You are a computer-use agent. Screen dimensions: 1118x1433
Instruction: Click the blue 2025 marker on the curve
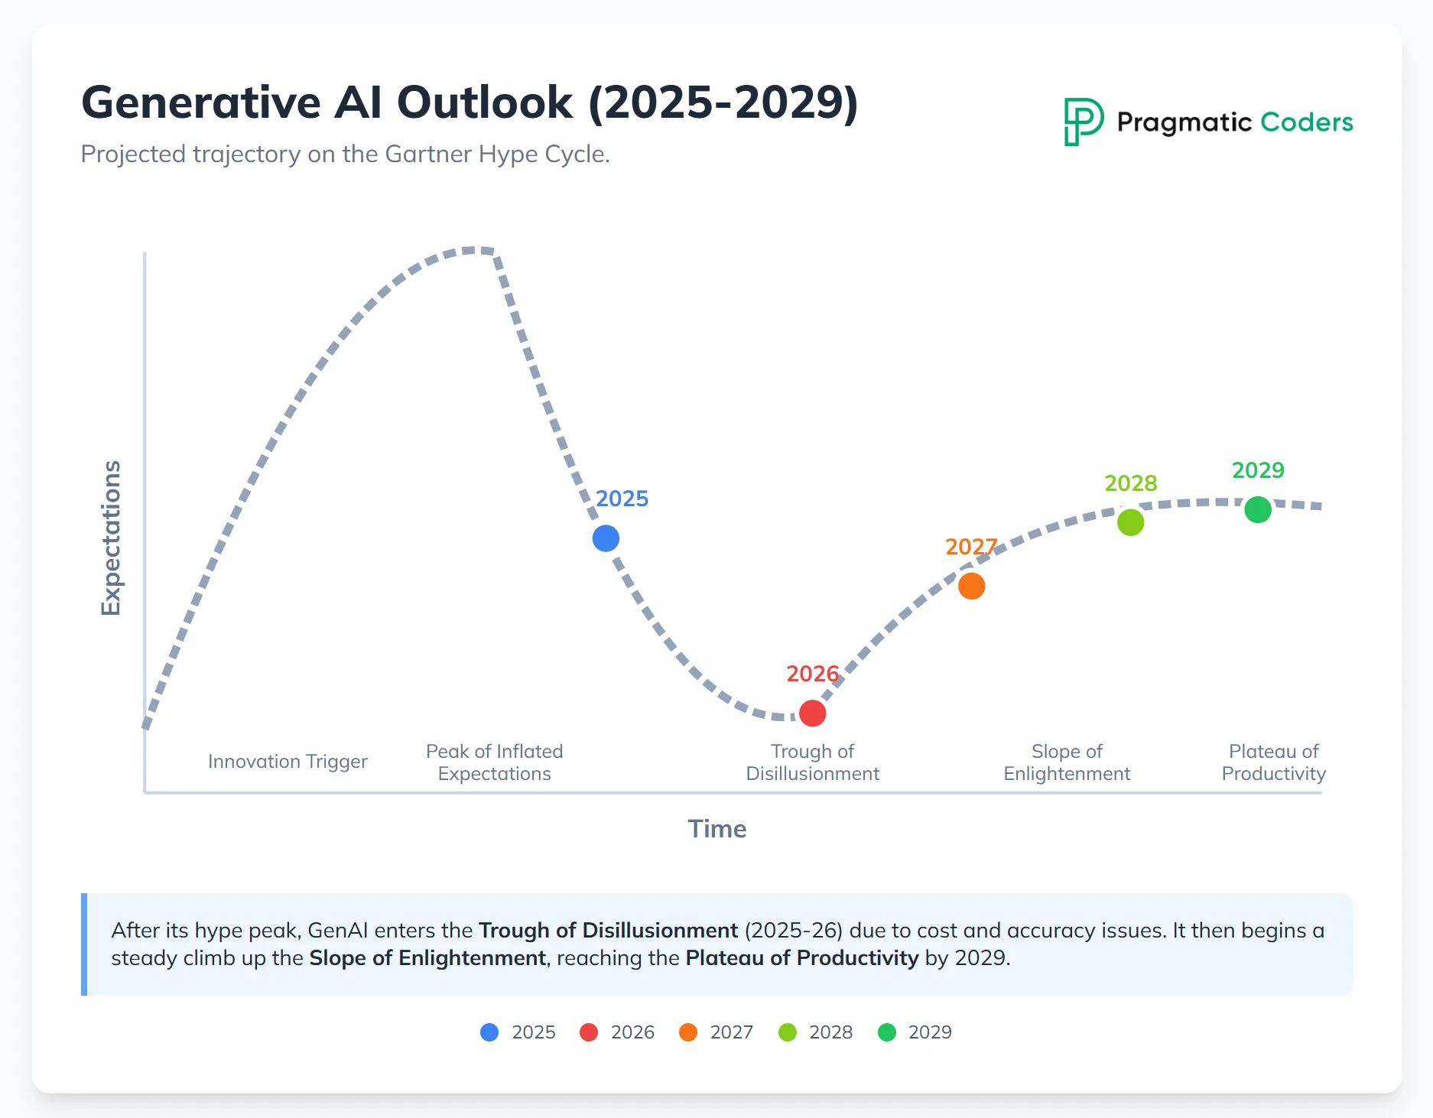[606, 538]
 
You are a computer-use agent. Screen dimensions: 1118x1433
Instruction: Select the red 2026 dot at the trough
[812, 713]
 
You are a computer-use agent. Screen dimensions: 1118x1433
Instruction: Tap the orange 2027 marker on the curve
[971, 586]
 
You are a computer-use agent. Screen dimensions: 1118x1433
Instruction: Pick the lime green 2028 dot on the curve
[1130, 522]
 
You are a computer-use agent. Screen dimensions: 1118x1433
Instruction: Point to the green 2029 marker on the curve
[1258, 509]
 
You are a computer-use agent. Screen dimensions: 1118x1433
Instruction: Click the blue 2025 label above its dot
[622, 499]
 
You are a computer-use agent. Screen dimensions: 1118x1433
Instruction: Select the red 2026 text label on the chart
[812, 674]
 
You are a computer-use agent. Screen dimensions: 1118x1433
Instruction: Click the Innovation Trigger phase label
[288, 762]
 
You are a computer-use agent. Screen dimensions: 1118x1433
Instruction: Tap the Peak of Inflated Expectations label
[494, 762]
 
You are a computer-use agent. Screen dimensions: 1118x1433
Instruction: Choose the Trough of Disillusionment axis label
[812, 762]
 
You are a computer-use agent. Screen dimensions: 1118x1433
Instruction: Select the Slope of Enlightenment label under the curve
[1067, 762]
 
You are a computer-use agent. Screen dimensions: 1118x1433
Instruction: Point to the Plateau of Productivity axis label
[1273, 762]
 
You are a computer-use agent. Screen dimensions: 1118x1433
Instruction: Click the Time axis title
[716, 829]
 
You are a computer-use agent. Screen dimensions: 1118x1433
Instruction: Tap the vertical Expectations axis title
[112, 538]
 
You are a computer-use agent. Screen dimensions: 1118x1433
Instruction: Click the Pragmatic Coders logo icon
[1084, 122]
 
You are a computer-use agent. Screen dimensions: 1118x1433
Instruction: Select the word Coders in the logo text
[1306, 122]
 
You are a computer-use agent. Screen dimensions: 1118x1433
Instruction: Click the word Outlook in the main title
[485, 102]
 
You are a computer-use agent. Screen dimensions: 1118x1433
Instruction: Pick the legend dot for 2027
[688, 1032]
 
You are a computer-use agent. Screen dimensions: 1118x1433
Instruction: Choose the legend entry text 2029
[930, 1032]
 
